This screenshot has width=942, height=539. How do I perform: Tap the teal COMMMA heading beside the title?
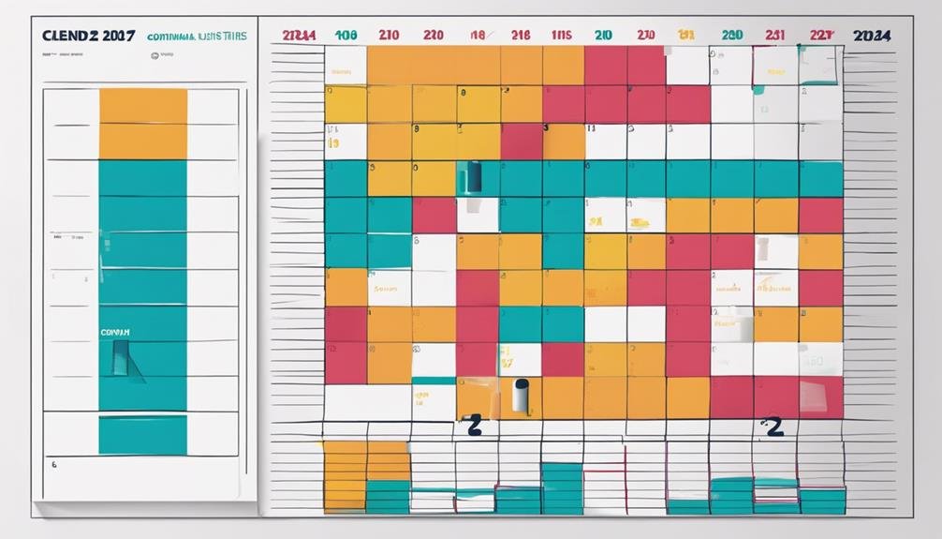pos(197,37)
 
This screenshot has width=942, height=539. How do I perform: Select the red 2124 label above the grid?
pos(299,36)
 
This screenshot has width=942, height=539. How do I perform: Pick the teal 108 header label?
pos(346,36)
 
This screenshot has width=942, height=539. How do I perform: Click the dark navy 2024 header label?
pos(872,36)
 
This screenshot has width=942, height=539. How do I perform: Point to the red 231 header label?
pos(774,36)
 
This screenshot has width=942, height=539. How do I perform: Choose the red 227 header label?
pos(820,36)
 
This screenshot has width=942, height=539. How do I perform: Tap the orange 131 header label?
pos(686,36)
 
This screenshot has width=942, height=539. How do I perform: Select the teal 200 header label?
pos(731,36)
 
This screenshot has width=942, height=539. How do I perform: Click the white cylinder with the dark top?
pos(522,395)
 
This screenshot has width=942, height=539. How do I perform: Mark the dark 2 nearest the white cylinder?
pos(475,427)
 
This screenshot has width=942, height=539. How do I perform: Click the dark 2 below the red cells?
pos(773,427)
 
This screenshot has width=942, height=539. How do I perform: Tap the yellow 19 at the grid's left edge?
pos(332,145)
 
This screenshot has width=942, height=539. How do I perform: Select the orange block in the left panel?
pos(142,124)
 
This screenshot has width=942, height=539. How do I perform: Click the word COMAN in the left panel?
pos(115,332)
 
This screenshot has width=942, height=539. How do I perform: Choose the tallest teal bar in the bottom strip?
pos(562,487)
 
